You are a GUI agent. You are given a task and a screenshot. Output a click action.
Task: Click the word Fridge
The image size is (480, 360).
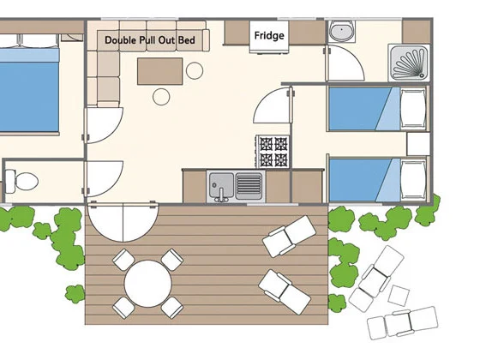[269, 36]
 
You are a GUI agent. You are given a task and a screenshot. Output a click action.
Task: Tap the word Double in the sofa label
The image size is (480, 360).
[120, 40]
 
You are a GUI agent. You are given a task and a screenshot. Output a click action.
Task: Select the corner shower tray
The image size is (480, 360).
[409, 63]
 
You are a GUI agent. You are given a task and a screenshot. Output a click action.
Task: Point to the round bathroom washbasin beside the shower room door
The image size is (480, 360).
[342, 31]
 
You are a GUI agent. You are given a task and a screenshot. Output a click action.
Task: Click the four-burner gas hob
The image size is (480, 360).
[273, 152]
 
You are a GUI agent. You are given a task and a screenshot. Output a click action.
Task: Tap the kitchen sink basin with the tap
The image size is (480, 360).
[221, 186]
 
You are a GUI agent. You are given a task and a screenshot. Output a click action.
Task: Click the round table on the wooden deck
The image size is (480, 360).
[147, 284]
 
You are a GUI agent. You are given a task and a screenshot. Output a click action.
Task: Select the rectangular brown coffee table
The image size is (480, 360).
[159, 71]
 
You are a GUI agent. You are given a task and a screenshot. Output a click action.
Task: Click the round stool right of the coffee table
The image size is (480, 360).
[195, 70]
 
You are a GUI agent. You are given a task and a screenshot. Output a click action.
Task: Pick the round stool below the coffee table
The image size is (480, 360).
[161, 97]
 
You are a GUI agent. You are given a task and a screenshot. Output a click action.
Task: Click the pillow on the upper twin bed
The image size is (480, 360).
[413, 109]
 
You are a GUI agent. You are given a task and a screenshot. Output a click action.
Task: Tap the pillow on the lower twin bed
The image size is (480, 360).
[413, 180]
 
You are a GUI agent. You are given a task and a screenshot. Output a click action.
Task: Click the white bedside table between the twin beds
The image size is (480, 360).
[418, 144]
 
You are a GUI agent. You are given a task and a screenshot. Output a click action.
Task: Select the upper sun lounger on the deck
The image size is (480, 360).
[290, 236]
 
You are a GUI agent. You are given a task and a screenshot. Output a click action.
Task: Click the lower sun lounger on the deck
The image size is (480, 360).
[285, 291]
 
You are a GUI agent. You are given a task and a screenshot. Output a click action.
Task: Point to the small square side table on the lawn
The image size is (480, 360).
[399, 295]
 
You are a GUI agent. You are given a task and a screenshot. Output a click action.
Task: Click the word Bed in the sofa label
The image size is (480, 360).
[187, 40]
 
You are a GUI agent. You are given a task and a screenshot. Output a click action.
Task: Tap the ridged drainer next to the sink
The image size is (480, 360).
[249, 185]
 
